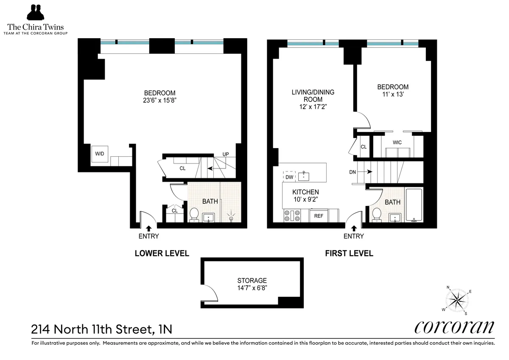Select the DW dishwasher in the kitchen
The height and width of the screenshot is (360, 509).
[289, 176]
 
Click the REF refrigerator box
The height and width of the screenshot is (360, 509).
[319, 216]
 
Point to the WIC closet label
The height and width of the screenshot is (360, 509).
[397, 143]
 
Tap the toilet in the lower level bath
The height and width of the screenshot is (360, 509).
[194, 214]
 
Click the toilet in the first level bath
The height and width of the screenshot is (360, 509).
[376, 214]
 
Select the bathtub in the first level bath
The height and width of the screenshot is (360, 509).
[414, 205]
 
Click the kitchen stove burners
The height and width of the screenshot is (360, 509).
[292, 216]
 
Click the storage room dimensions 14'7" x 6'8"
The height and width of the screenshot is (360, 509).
[252, 288]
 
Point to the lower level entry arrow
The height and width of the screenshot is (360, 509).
[148, 228]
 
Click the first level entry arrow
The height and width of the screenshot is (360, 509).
[353, 228]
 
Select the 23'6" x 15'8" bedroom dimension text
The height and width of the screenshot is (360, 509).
[159, 101]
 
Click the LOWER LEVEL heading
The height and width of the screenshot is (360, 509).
[162, 253]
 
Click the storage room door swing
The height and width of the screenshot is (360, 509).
[210, 292]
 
